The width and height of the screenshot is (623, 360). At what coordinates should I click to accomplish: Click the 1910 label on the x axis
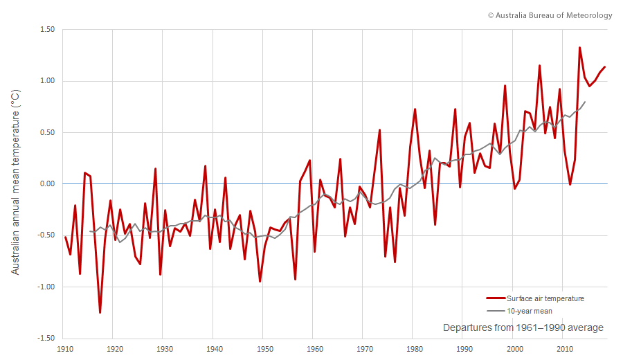(66, 349)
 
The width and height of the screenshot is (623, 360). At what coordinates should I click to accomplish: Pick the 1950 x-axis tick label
(264, 349)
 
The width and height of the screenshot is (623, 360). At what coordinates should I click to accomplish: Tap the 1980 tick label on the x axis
(413, 349)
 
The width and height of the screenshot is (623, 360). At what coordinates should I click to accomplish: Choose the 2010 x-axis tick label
(564, 349)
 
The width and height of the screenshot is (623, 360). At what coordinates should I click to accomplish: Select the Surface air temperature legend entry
(535, 298)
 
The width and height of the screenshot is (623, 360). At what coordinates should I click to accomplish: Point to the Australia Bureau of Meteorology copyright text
(550, 15)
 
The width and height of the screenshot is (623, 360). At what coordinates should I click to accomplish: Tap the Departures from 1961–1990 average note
(523, 327)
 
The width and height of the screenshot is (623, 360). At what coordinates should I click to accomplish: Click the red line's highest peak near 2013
(579, 48)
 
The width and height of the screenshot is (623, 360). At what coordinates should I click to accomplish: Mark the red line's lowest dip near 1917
(100, 312)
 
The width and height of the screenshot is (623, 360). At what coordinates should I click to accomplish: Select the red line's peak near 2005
(539, 66)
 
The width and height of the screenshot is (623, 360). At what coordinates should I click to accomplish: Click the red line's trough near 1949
(260, 281)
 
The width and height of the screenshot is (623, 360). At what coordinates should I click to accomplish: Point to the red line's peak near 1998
(505, 86)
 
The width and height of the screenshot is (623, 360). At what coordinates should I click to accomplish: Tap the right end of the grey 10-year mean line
(585, 102)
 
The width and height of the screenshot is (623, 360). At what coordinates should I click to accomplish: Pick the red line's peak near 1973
(379, 130)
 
